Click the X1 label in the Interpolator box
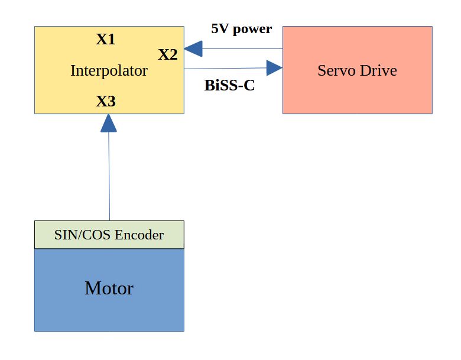pyautogui.click(x=106, y=40)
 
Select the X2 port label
pyautogui.click(x=168, y=55)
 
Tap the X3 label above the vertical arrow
pyautogui.click(x=106, y=102)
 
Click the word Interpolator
pyautogui.click(x=109, y=71)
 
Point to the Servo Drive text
pyautogui.click(x=357, y=71)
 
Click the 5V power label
pyautogui.click(x=241, y=29)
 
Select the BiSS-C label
pyautogui.click(x=229, y=86)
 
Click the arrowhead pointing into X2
pyautogui.click(x=193, y=48)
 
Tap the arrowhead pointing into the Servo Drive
pyautogui.click(x=273, y=68)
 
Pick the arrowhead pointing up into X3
pyautogui.click(x=108, y=122)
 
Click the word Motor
pyautogui.click(x=109, y=288)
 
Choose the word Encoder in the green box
pyautogui.click(x=139, y=235)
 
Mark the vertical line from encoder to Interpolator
pyautogui.click(x=109, y=177)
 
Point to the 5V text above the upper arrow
pyautogui.click(x=219, y=29)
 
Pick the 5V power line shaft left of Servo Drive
pyautogui.click(x=242, y=48)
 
